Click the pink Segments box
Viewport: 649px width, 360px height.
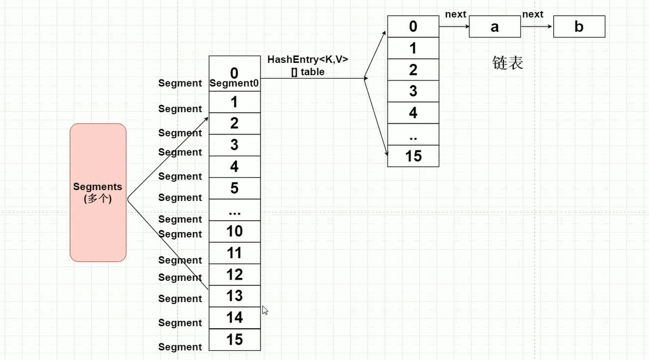pyautogui.click(x=98, y=192)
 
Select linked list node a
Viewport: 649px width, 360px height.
pyautogui.click(x=494, y=27)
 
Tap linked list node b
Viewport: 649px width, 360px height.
pyautogui.click(x=579, y=27)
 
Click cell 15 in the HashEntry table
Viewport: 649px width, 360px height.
pyautogui.click(x=413, y=156)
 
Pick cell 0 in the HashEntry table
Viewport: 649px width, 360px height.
pyautogui.click(x=413, y=26)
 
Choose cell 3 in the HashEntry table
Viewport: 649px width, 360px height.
pyautogui.click(x=413, y=91)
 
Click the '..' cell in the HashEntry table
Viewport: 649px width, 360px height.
pyautogui.click(x=413, y=134)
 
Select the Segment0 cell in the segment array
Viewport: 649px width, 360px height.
pyautogui.click(x=234, y=77)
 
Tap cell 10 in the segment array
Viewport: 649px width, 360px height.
pyautogui.click(x=234, y=231)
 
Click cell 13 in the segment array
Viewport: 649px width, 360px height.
pyautogui.click(x=234, y=295)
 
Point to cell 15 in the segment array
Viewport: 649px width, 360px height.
pyautogui.click(x=234, y=339)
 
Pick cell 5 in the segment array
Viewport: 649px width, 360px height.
pyautogui.click(x=234, y=188)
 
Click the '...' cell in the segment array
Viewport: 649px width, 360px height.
pyautogui.click(x=234, y=210)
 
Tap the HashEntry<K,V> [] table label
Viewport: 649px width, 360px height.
pyautogui.click(x=308, y=65)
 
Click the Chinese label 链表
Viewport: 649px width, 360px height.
pyautogui.click(x=507, y=63)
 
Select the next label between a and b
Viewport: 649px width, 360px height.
pyautogui.click(x=532, y=14)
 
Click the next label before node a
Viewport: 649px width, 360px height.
pyautogui.click(x=455, y=14)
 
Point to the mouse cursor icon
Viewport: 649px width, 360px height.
pyautogui.click(x=264, y=310)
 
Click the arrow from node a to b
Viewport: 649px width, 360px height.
pyautogui.click(x=536, y=26)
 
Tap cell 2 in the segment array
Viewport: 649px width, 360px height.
pyautogui.click(x=234, y=123)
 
